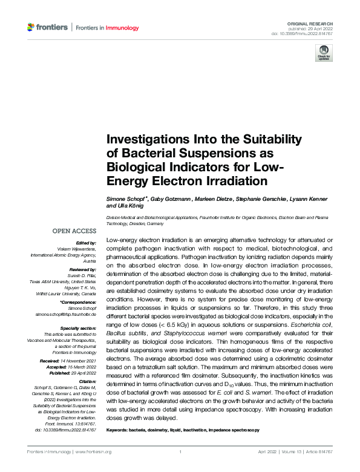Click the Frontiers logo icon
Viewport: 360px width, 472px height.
pyautogui.click(x=31, y=27)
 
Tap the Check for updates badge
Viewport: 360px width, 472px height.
pyautogui.click(x=323, y=53)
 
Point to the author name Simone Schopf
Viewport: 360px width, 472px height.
pyautogui.click(x=126, y=199)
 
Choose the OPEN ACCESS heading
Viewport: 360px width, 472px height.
pyautogui.click(x=74, y=231)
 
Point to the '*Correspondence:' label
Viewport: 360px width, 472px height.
pyautogui.click(x=79, y=302)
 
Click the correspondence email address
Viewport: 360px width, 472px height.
pyautogui.click(x=67, y=315)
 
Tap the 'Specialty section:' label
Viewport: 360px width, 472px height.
pyautogui.click(x=79, y=327)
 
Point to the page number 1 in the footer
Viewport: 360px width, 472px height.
pyautogui.click(x=180, y=452)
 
